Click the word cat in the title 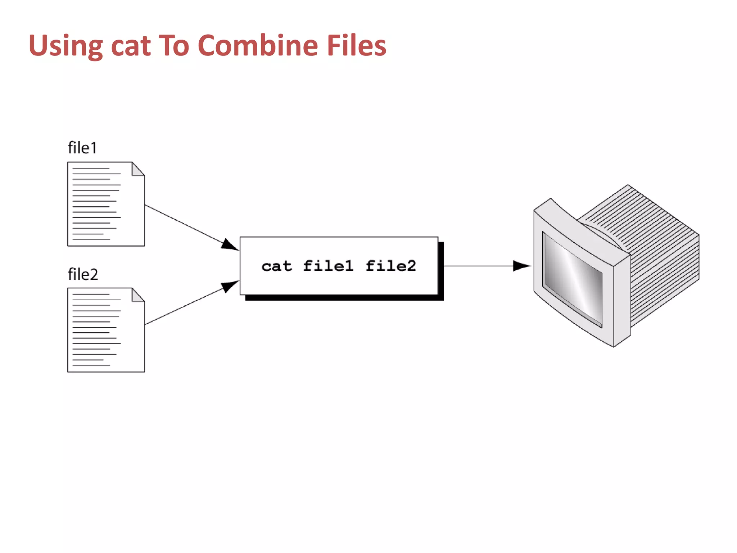[x=131, y=46]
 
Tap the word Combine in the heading [x=257, y=46]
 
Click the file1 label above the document [x=82, y=148]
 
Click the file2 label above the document [x=83, y=274]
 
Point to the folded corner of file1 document [x=137, y=169]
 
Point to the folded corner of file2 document [x=137, y=295]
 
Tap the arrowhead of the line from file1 [x=229, y=245]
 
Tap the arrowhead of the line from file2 [x=229, y=286]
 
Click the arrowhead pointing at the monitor [x=521, y=266]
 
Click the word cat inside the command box [x=277, y=266]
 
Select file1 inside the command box [x=328, y=266]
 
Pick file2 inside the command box [x=391, y=266]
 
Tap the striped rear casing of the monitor [x=662, y=252]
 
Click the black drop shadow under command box [x=342, y=298]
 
